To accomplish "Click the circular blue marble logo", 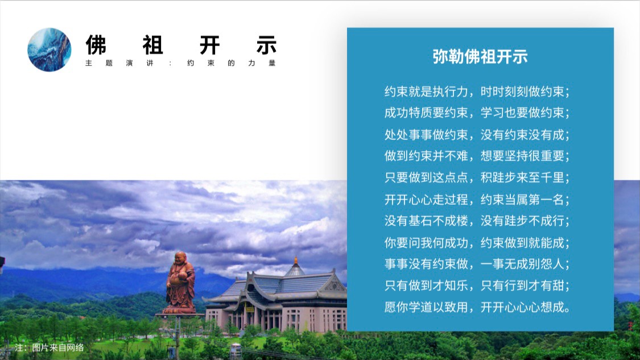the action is pos(49,50).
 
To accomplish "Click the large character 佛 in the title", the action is pos(96,45).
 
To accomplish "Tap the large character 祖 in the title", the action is pos(153,45).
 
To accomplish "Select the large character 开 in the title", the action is pos(210,45).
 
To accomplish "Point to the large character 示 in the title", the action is pos(267,45).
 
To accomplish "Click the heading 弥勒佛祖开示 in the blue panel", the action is pos(480,57).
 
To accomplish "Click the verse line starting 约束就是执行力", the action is pos(477,92).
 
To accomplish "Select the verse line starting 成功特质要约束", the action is pos(477,113).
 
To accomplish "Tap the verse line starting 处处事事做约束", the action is pos(477,135).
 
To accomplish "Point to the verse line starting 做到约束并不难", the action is pos(477,156).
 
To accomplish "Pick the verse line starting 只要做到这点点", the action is pos(477,177).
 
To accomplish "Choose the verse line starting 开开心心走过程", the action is pos(477,200).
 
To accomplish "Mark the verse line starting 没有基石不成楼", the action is pos(477,221).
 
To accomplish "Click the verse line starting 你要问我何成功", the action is pos(477,243).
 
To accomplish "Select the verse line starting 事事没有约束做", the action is pos(477,264).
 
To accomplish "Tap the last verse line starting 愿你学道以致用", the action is pos(477,307).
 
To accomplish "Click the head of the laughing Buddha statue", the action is pos(180,258).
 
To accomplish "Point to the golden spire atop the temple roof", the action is pos(295,260).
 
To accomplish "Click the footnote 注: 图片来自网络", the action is pos(49,347).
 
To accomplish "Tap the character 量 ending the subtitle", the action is pos(272,63).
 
